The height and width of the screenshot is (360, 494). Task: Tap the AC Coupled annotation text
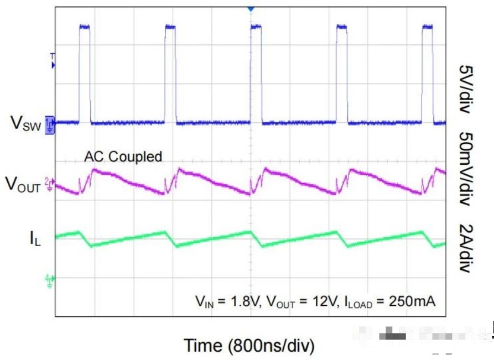click(123, 157)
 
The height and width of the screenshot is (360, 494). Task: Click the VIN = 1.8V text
click(228, 302)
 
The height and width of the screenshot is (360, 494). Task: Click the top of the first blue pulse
click(84, 26)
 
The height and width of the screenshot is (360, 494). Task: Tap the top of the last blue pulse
click(428, 26)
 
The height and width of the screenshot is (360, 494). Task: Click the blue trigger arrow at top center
click(250, 9)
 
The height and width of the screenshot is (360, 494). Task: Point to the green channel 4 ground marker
click(50, 281)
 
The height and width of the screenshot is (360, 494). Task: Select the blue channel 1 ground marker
click(50, 124)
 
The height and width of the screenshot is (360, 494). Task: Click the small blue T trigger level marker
click(53, 61)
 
